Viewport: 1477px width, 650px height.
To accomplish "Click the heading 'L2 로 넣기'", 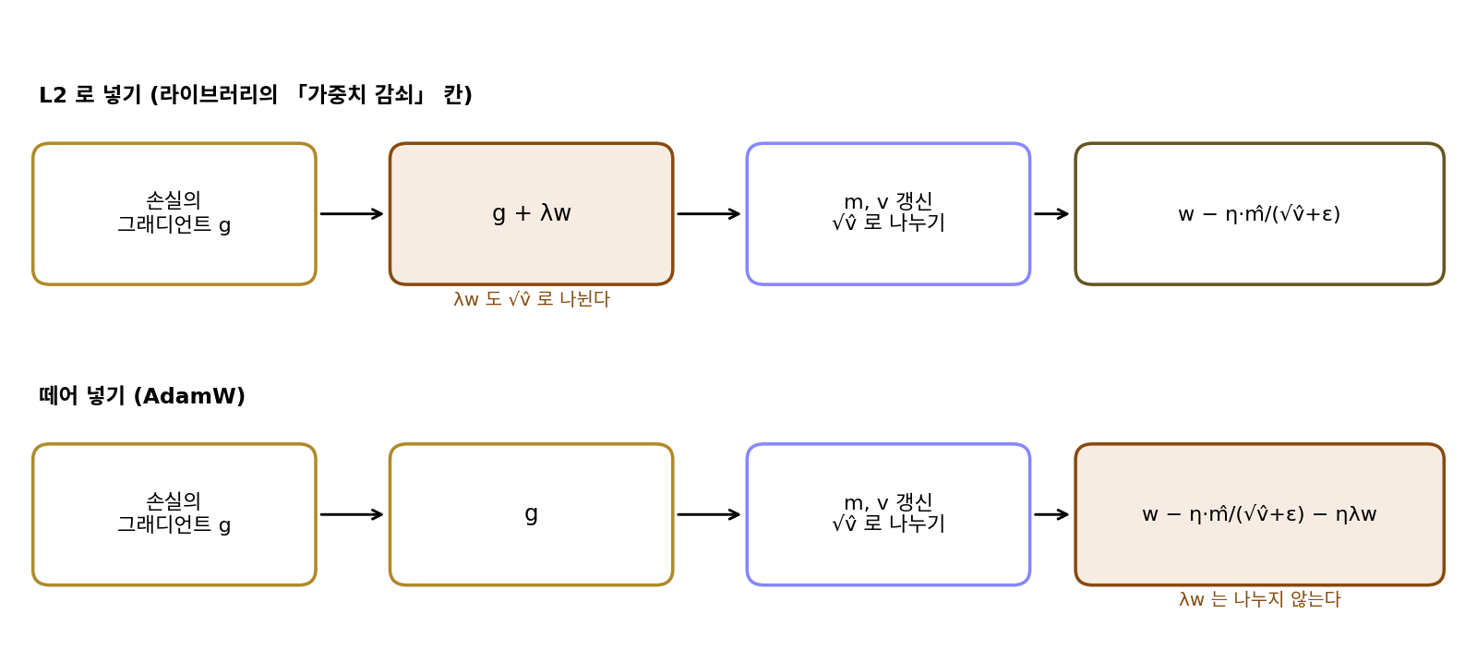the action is click(x=90, y=95).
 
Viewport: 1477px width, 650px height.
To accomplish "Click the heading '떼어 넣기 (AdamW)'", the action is click(x=142, y=395).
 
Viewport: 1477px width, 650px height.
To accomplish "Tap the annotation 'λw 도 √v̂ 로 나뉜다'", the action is click(x=532, y=299).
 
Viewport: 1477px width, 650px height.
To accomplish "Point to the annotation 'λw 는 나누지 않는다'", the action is click(x=1259, y=599).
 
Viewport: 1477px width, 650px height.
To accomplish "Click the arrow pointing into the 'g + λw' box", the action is click(x=352, y=213).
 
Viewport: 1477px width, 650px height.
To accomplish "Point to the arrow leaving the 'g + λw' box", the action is click(x=709, y=213).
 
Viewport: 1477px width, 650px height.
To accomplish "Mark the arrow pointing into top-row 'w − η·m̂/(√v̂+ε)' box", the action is click(x=1051, y=213).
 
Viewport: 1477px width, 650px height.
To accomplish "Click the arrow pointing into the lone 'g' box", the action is click(x=352, y=514).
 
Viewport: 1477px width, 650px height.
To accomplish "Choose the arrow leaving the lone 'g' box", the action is click(x=709, y=514).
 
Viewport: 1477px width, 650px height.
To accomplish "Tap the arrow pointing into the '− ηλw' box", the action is click(x=1051, y=514).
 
